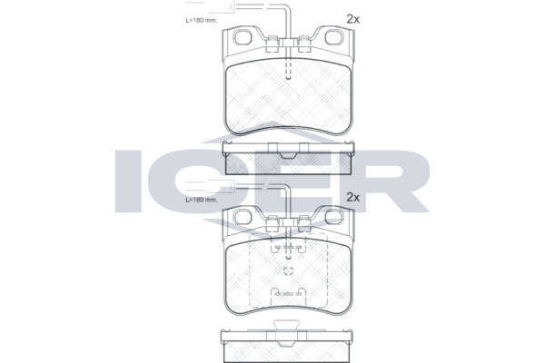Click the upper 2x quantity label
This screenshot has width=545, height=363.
352,19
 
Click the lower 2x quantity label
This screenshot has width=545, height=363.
352,197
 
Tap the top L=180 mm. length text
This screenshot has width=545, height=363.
202,20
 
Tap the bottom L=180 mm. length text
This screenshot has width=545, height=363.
202,200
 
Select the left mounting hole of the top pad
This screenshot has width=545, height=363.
243,37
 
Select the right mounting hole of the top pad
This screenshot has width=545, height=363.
334,37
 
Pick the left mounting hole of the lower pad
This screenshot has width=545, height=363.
243,217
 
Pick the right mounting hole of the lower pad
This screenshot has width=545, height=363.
334,217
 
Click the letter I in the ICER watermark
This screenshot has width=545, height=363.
128,181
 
